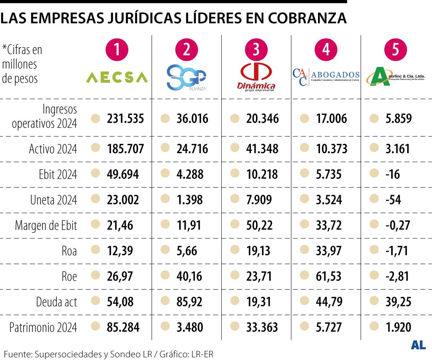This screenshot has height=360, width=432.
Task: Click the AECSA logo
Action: point(117,77)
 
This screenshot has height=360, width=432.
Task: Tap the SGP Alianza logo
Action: point(186,78)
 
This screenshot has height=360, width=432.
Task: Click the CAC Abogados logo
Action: point(326,77)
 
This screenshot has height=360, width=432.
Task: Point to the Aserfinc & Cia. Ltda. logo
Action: point(396,77)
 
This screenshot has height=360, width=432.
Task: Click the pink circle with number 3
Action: point(256,50)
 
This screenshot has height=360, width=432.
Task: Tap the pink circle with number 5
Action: point(396,50)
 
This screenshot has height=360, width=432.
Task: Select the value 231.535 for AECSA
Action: point(125,119)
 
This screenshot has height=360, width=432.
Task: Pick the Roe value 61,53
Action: point(329,276)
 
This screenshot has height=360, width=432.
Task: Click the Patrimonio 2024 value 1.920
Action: point(398,327)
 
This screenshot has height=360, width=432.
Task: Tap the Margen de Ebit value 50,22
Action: point(259,225)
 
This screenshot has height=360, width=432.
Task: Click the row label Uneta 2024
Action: point(54,200)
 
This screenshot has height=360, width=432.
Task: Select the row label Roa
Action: point(69,251)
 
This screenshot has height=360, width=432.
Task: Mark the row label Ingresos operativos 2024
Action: point(45,116)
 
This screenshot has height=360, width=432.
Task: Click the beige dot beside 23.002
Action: point(95,200)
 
